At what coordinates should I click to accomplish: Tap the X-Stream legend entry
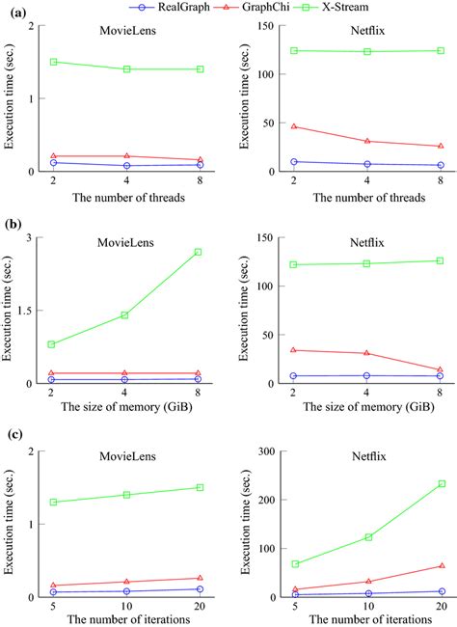click(x=336, y=9)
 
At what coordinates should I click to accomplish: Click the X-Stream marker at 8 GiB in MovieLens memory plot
click(x=198, y=252)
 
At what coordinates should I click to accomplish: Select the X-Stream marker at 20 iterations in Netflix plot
click(x=440, y=484)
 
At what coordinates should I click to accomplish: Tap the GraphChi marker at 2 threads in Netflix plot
click(x=294, y=126)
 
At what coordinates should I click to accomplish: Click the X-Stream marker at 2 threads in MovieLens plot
click(x=53, y=62)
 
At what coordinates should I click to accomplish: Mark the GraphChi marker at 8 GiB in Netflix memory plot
click(x=440, y=370)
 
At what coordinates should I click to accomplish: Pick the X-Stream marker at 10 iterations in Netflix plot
click(x=366, y=537)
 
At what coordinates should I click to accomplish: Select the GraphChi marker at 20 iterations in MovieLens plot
click(x=198, y=578)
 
